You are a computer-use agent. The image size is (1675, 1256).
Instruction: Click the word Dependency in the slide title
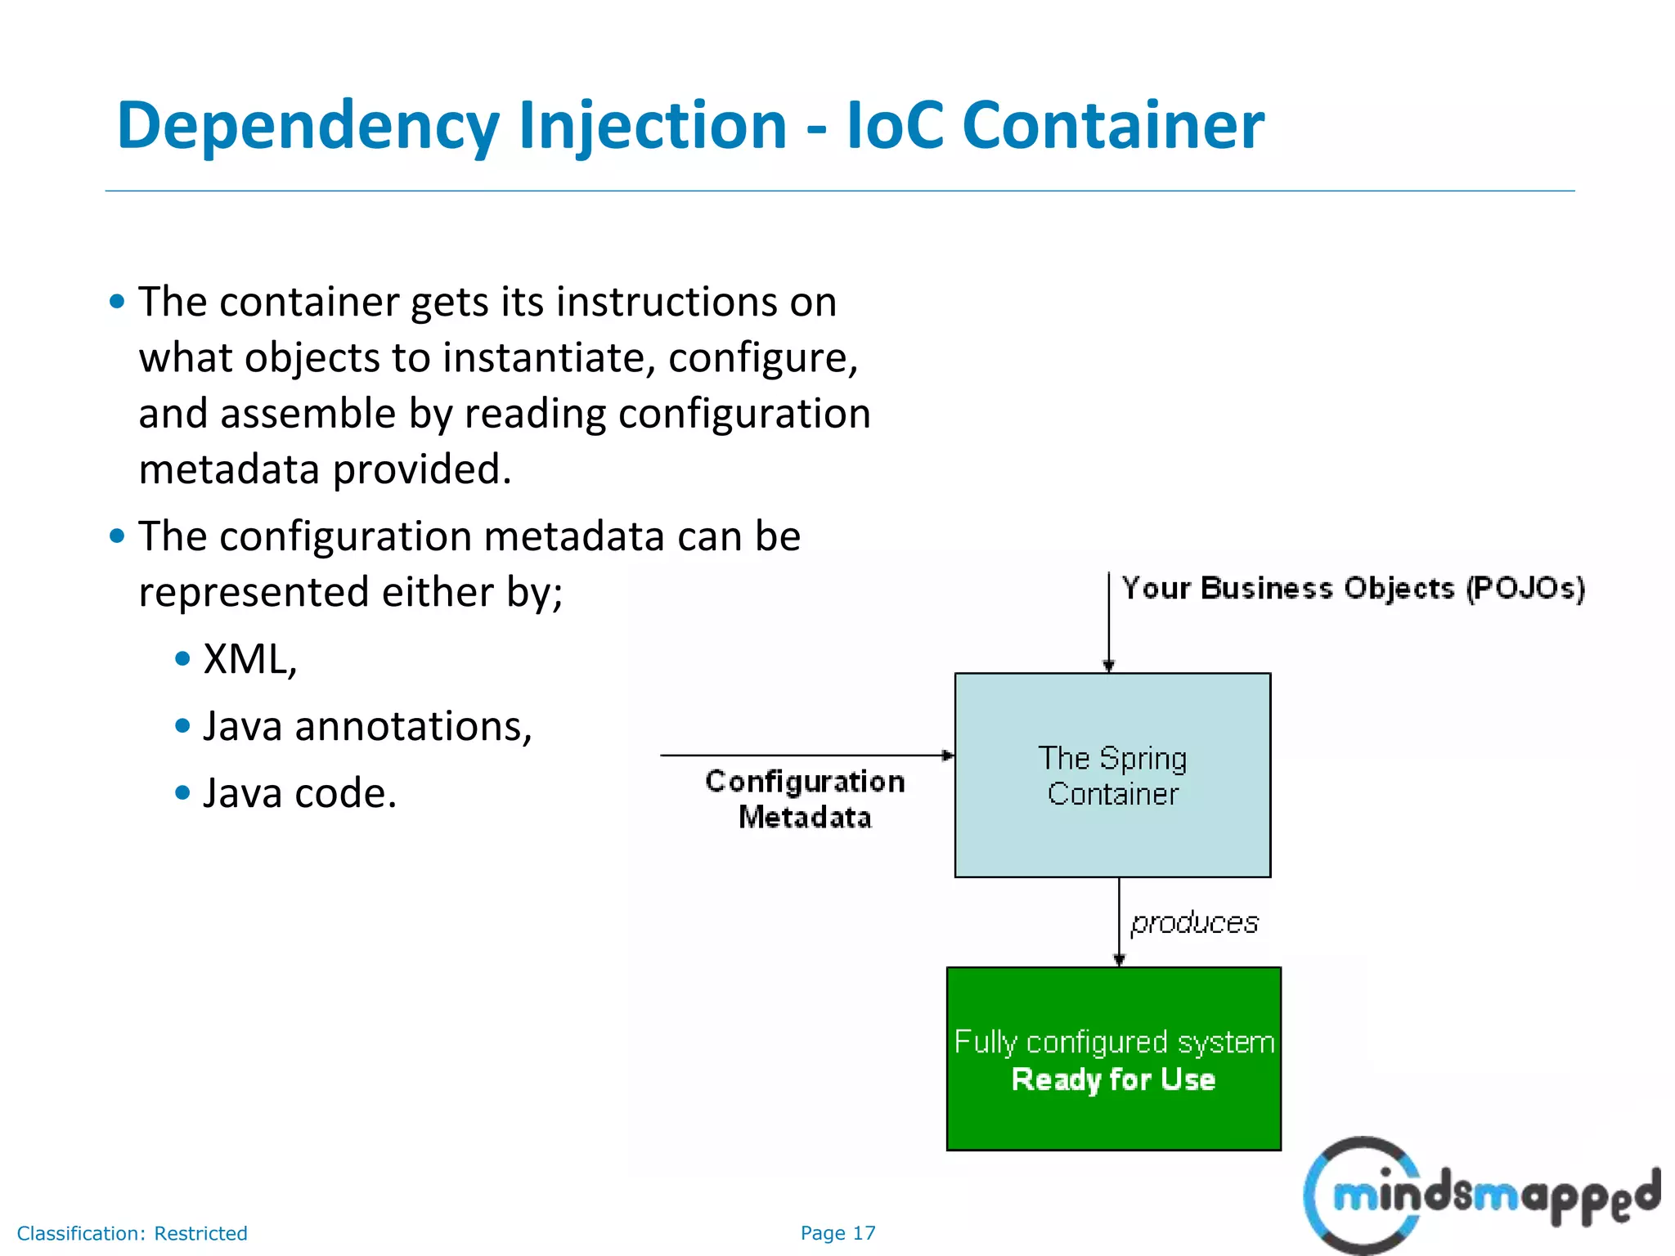(308, 127)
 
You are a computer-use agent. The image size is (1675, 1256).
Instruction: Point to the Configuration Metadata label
(805, 799)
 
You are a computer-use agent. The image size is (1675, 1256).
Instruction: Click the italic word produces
(1194, 922)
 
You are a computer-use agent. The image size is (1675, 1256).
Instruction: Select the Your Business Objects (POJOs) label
(1353, 588)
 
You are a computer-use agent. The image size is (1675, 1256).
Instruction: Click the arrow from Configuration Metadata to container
(806, 756)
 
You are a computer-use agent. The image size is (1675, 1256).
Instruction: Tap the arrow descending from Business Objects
(1108, 621)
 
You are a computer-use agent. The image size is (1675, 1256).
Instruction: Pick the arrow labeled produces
(1119, 922)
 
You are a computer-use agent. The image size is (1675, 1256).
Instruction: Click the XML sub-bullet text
(249, 659)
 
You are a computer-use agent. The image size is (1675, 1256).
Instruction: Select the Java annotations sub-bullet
(367, 726)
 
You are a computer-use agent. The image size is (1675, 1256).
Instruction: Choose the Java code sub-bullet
(299, 793)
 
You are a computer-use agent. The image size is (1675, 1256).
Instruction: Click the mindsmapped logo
(1480, 1195)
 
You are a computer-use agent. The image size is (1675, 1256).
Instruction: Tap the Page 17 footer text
(837, 1233)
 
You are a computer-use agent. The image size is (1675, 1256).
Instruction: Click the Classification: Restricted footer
(132, 1233)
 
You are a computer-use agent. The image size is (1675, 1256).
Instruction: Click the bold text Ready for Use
(1113, 1079)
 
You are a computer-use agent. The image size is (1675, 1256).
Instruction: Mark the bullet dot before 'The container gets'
(117, 302)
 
